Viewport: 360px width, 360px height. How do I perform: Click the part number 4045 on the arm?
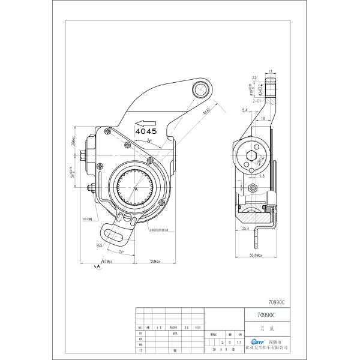click(146, 130)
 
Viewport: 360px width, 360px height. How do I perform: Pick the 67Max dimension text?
click(109, 262)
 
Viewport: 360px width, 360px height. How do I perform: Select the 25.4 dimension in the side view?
click(245, 228)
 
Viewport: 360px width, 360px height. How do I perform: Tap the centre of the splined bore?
click(137, 186)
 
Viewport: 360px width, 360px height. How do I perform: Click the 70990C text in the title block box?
click(265, 314)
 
